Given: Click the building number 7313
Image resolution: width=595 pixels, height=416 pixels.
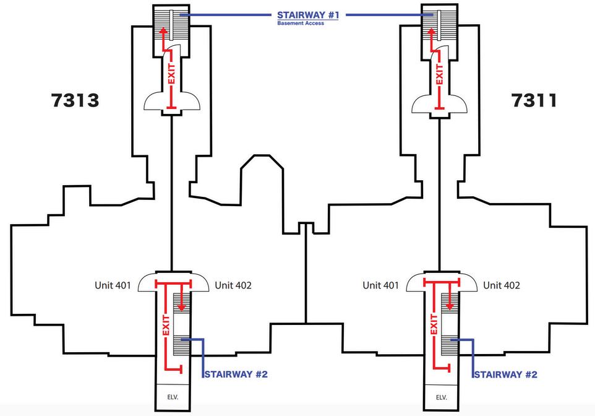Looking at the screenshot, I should (74, 101).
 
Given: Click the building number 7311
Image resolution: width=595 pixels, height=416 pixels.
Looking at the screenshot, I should (534, 101).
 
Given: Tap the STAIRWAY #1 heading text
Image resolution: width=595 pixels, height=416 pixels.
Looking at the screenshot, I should (308, 15).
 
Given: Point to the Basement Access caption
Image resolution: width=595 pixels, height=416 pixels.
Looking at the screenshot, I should (300, 24).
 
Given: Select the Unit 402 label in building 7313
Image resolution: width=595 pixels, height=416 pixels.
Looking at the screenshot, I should (233, 285).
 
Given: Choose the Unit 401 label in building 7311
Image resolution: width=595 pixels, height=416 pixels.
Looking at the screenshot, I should (381, 285).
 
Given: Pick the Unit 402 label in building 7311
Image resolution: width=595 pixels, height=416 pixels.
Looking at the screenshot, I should (502, 285).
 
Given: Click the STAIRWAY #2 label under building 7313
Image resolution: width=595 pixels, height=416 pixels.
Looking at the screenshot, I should (236, 375).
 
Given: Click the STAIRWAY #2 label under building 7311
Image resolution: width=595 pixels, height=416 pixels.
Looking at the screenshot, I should (505, 375).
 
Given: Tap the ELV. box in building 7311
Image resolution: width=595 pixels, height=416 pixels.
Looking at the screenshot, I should (442, 397).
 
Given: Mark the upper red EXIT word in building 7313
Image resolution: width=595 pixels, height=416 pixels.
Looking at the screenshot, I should (172, 74).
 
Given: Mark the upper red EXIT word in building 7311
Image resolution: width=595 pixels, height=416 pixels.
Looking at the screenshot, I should (440, 74).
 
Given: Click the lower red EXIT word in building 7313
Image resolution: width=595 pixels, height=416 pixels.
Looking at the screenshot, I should (166, 324).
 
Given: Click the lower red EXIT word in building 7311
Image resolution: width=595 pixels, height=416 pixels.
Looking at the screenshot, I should (434, 324).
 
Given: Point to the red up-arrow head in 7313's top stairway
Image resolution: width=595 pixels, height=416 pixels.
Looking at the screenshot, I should (164, 33).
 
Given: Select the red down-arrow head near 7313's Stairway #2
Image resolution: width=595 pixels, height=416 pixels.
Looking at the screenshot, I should (182, 306).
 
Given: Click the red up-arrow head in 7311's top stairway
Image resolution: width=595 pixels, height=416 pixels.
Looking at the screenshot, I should (432, 33).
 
